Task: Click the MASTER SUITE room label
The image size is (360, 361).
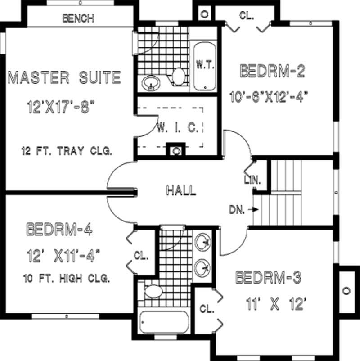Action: coord(65,77)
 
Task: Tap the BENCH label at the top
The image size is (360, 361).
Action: coord(78,18)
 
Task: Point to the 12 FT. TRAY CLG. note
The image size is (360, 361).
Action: coord(66,151)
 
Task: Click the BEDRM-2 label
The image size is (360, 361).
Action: coord(273,71)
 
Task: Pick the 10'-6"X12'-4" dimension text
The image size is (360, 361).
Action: coord(270,96)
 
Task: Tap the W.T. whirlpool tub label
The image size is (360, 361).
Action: coord(206,64)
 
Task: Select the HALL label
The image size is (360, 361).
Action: coord(181,190)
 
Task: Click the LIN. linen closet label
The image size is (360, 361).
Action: coord(252,180)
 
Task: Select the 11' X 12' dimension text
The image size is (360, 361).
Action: coord(276,305)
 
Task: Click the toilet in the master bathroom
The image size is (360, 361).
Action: coord(179,77)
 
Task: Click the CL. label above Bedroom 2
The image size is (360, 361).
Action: coord(246,15)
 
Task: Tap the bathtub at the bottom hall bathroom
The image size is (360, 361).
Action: coord(162,323)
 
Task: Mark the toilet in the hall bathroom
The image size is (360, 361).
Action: coord(153,291)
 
